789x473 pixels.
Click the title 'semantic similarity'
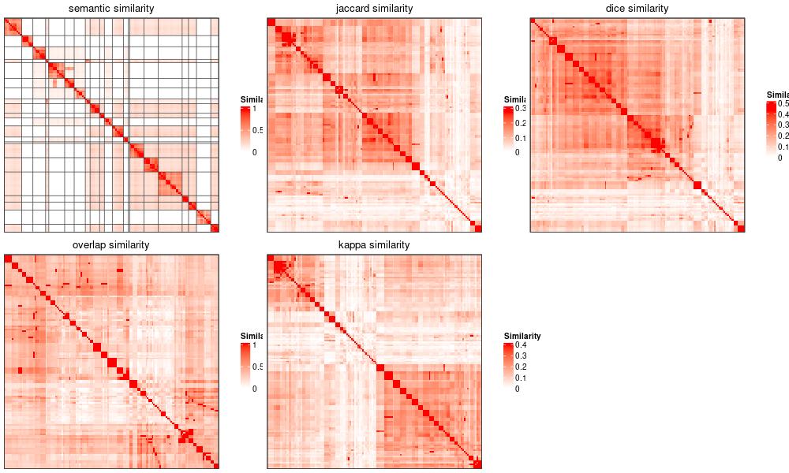click(111, 9)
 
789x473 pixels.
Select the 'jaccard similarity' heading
click(374, 9)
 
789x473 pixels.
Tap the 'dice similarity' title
click(637, 9)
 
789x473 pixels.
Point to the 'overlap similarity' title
click(111, 245)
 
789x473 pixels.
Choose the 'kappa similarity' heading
click(374, 245)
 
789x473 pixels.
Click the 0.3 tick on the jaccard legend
click(520, 108)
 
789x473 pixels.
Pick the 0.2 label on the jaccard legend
click(520, 123)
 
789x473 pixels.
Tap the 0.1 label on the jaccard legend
click(520, 138)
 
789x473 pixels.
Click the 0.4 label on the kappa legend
click(520, 345)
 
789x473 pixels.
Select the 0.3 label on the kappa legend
click(520, 356)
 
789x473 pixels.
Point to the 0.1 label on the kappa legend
click(520, 378)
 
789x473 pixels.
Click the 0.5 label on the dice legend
click(783, 103)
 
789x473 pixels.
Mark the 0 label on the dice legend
click(780, 158)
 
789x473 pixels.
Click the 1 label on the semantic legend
click(253, 109)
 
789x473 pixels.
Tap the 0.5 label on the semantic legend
click(256, 130)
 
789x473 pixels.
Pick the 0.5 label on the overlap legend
click(256, 367)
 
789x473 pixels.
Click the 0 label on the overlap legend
click(253, 389)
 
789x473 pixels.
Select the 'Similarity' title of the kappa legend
click(522, 335)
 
